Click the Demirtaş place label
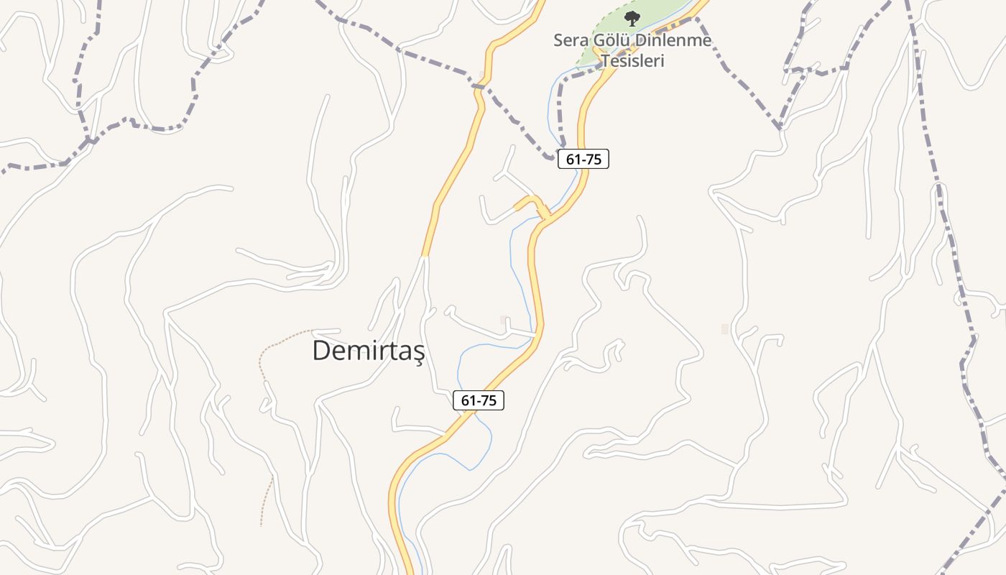point(369,351)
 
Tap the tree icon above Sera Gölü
point(632,19)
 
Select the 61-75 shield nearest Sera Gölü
point(583,160)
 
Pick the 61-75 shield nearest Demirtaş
point(479,401)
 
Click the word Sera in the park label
point(569,40)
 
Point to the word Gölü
point(609,40)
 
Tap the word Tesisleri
point(633,60)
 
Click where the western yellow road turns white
point(425,256)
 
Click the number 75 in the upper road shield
point(593,160)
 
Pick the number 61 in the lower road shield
point(469,401)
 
